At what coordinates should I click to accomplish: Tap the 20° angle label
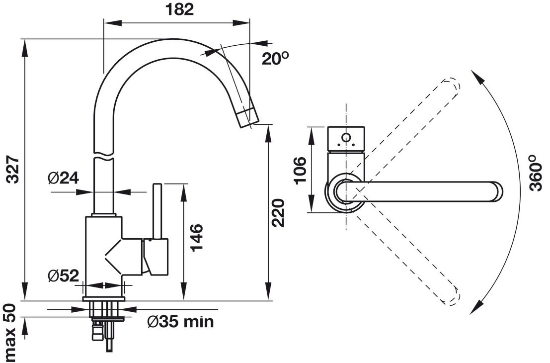[275, 59]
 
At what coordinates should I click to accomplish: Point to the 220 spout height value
[278, 213]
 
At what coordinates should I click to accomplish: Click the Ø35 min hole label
[181, 322]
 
